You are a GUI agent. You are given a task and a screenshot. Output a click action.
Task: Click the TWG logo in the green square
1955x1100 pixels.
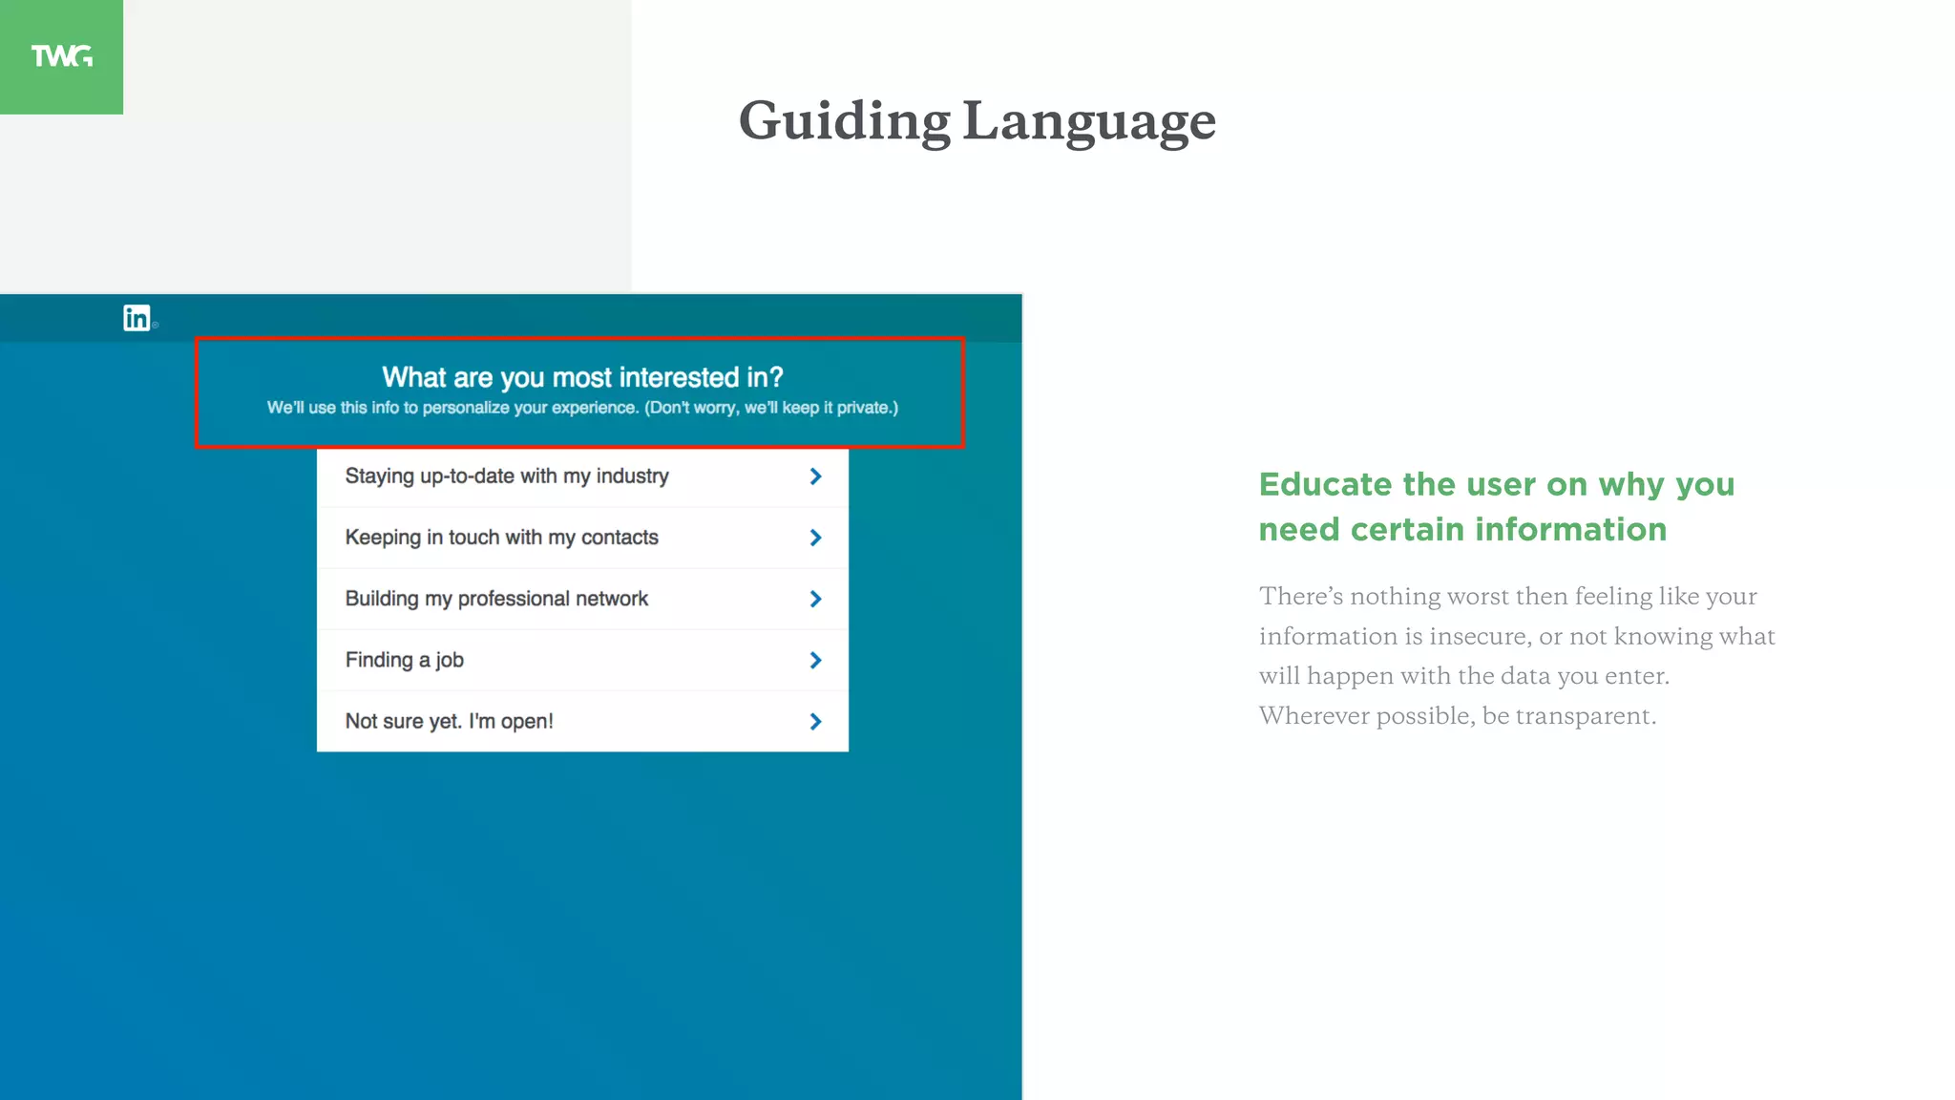[62, 56]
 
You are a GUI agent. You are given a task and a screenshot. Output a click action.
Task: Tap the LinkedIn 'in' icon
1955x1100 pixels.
[137, 318]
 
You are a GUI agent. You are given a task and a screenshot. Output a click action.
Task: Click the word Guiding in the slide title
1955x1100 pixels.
[844, 122]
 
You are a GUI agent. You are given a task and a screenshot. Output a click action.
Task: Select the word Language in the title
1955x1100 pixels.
[1089, 122]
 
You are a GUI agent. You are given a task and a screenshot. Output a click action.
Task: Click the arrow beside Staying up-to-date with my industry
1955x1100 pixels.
[815, 476]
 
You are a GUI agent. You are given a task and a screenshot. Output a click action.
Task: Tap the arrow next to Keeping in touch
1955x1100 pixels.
[815, 538]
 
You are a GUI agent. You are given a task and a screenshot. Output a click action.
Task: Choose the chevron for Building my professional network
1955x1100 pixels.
[815, 599]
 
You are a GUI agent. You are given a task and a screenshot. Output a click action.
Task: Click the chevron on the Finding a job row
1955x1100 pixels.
[815, 660]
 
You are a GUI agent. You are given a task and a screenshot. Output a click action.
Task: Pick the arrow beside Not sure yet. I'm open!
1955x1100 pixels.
[815, 722]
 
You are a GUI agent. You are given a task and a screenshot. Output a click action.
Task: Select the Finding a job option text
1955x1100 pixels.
[404, 660]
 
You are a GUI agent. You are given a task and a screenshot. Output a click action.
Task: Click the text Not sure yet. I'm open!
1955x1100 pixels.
[449, 721]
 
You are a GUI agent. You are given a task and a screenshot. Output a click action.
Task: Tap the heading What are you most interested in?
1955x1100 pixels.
[582, 377]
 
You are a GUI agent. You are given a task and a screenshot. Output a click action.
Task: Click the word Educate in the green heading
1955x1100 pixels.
[1326, 484]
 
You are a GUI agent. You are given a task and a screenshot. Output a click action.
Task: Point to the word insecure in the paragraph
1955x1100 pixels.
[1479, 636]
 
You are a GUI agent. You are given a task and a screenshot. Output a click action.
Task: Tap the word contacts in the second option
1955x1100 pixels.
[620, 538]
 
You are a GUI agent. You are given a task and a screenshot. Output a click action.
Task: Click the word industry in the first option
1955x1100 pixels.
[632, 476]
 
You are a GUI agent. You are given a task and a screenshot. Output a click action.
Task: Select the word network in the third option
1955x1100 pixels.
[611, 599]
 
